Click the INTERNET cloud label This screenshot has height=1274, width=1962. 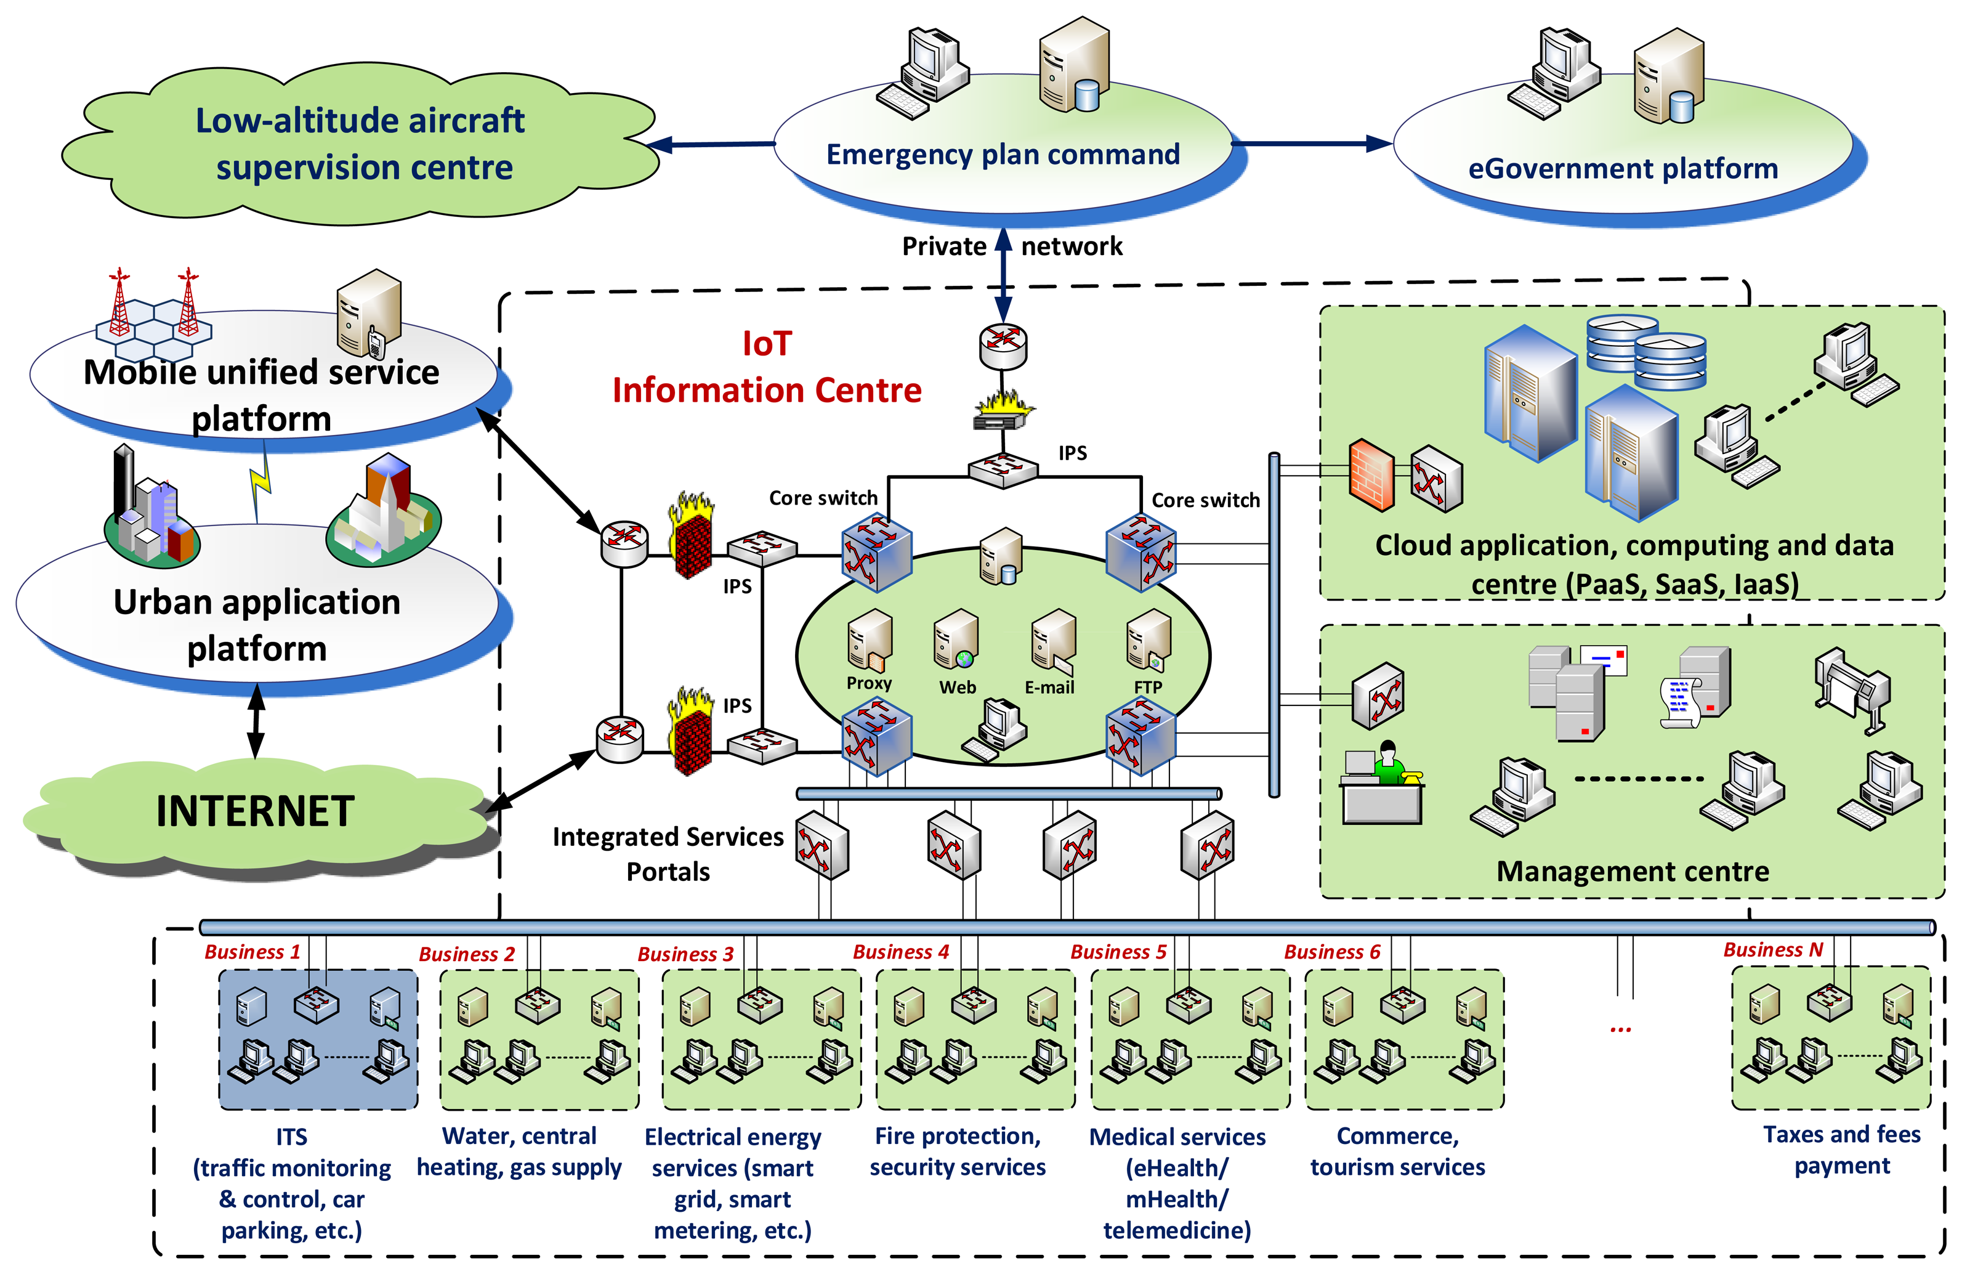point(256,811)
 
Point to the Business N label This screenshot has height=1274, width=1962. point(1773,949)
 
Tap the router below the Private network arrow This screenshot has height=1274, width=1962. point(1003,346)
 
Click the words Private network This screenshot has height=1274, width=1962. point(1012,246)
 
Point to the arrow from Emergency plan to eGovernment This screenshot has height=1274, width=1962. point(1313,144)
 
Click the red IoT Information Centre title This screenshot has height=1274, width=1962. point(767,367)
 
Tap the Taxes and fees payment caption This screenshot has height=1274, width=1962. point(1842,1150)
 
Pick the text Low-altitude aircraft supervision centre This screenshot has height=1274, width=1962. point(361,144)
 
